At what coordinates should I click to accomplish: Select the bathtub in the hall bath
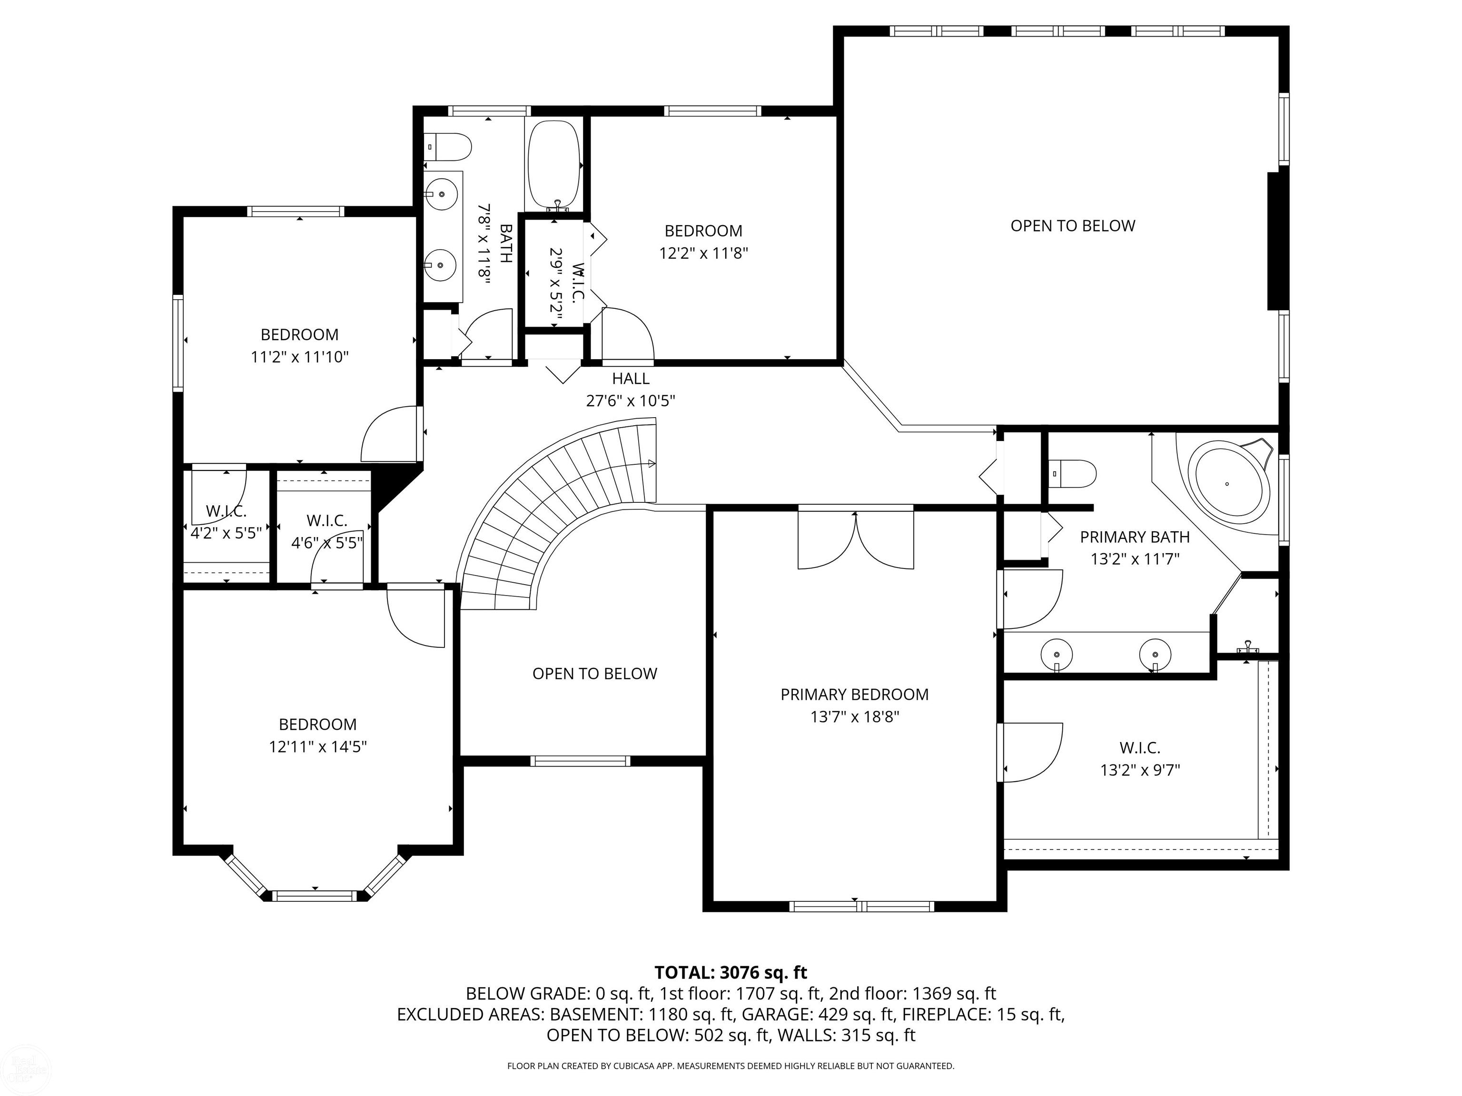click(554, 165)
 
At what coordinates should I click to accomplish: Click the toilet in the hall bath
click(448, 146)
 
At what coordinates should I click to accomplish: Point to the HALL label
click(631, 379)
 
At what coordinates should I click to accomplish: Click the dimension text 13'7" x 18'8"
click(855, 717)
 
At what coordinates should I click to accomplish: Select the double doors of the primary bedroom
click(856, 538)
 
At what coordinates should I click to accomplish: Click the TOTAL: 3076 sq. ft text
click(731, 972)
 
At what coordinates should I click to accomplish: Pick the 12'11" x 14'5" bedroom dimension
click(318, 746)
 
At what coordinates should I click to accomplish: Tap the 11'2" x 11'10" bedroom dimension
click(299, 357)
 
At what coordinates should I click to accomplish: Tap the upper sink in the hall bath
click(441, 194)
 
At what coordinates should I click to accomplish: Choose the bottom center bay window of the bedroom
click(315, 896)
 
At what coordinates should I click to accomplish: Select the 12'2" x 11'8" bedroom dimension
click(703, 253)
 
